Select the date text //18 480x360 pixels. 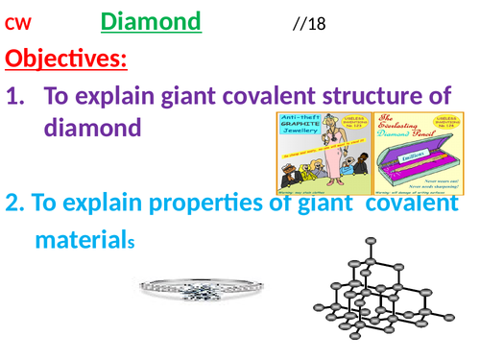[x=309, y=23]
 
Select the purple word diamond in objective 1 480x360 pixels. [x=94, y=128]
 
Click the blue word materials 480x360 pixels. [x=84, y=238]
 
